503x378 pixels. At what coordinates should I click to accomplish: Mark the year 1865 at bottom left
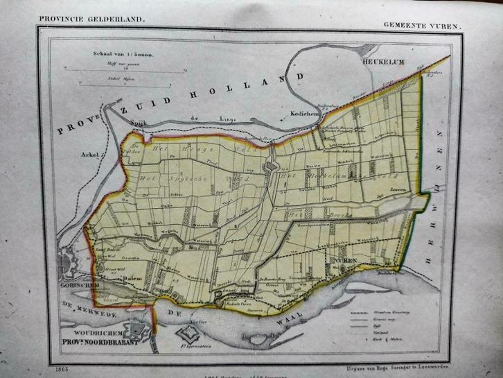pos(51,362)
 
